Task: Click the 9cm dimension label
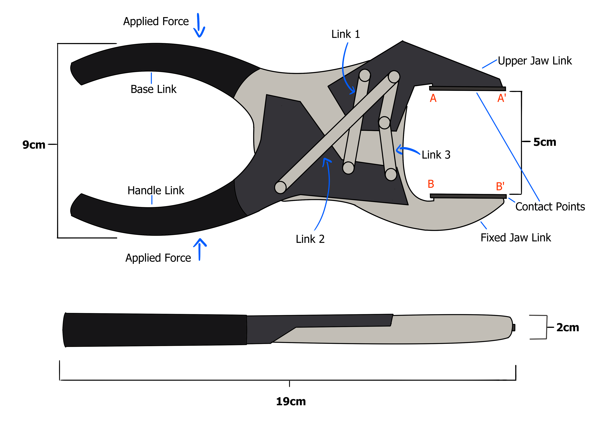34,145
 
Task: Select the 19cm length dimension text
291,401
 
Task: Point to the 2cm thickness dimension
568,327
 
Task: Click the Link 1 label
345,34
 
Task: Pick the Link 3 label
436,155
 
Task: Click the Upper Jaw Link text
535,61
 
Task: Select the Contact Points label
550,207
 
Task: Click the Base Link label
153,89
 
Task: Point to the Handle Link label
156,191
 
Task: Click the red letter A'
501,98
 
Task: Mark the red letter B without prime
431,184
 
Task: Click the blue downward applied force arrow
199,25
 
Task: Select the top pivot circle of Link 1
364,75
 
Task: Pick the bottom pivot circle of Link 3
391,174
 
